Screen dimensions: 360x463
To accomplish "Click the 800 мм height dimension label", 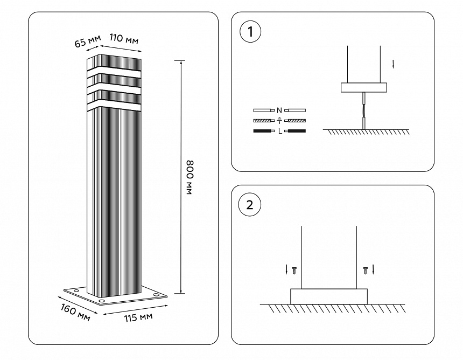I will (x=190, y=177).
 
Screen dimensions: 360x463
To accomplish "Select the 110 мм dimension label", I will (x=123, y=39).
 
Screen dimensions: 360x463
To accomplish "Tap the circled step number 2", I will (x=249, y=205).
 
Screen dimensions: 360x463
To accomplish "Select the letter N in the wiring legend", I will (x=279, y=109).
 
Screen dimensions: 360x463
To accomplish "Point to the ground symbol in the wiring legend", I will (x=279, y=120).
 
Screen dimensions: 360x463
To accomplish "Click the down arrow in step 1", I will (x=394, y=64).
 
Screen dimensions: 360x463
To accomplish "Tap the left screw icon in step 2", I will (x=294, y=271).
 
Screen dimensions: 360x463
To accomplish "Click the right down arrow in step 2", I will (x=373, y=269).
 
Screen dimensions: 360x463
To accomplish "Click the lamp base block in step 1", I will (x=364, y=87).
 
